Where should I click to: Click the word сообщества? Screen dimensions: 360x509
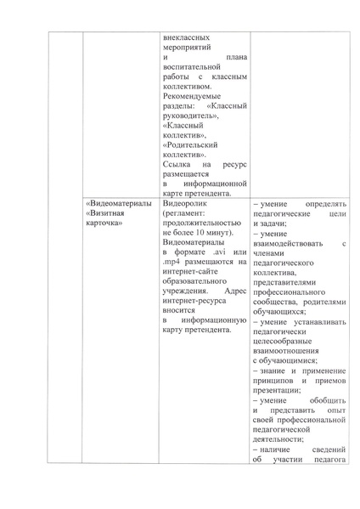click(x=279, y=303)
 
